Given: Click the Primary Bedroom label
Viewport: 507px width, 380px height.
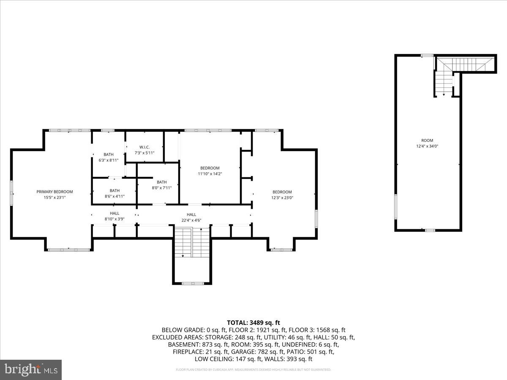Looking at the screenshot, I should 55,192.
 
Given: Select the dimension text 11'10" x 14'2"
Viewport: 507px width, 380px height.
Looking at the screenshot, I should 210,174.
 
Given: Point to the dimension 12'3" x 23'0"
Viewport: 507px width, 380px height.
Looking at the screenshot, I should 282,198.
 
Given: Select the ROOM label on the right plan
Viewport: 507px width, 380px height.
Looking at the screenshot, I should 427,141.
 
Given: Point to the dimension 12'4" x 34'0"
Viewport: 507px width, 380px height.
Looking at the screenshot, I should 427,146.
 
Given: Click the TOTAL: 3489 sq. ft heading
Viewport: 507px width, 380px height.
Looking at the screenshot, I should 253,323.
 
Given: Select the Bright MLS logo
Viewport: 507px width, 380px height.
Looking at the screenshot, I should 31,369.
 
